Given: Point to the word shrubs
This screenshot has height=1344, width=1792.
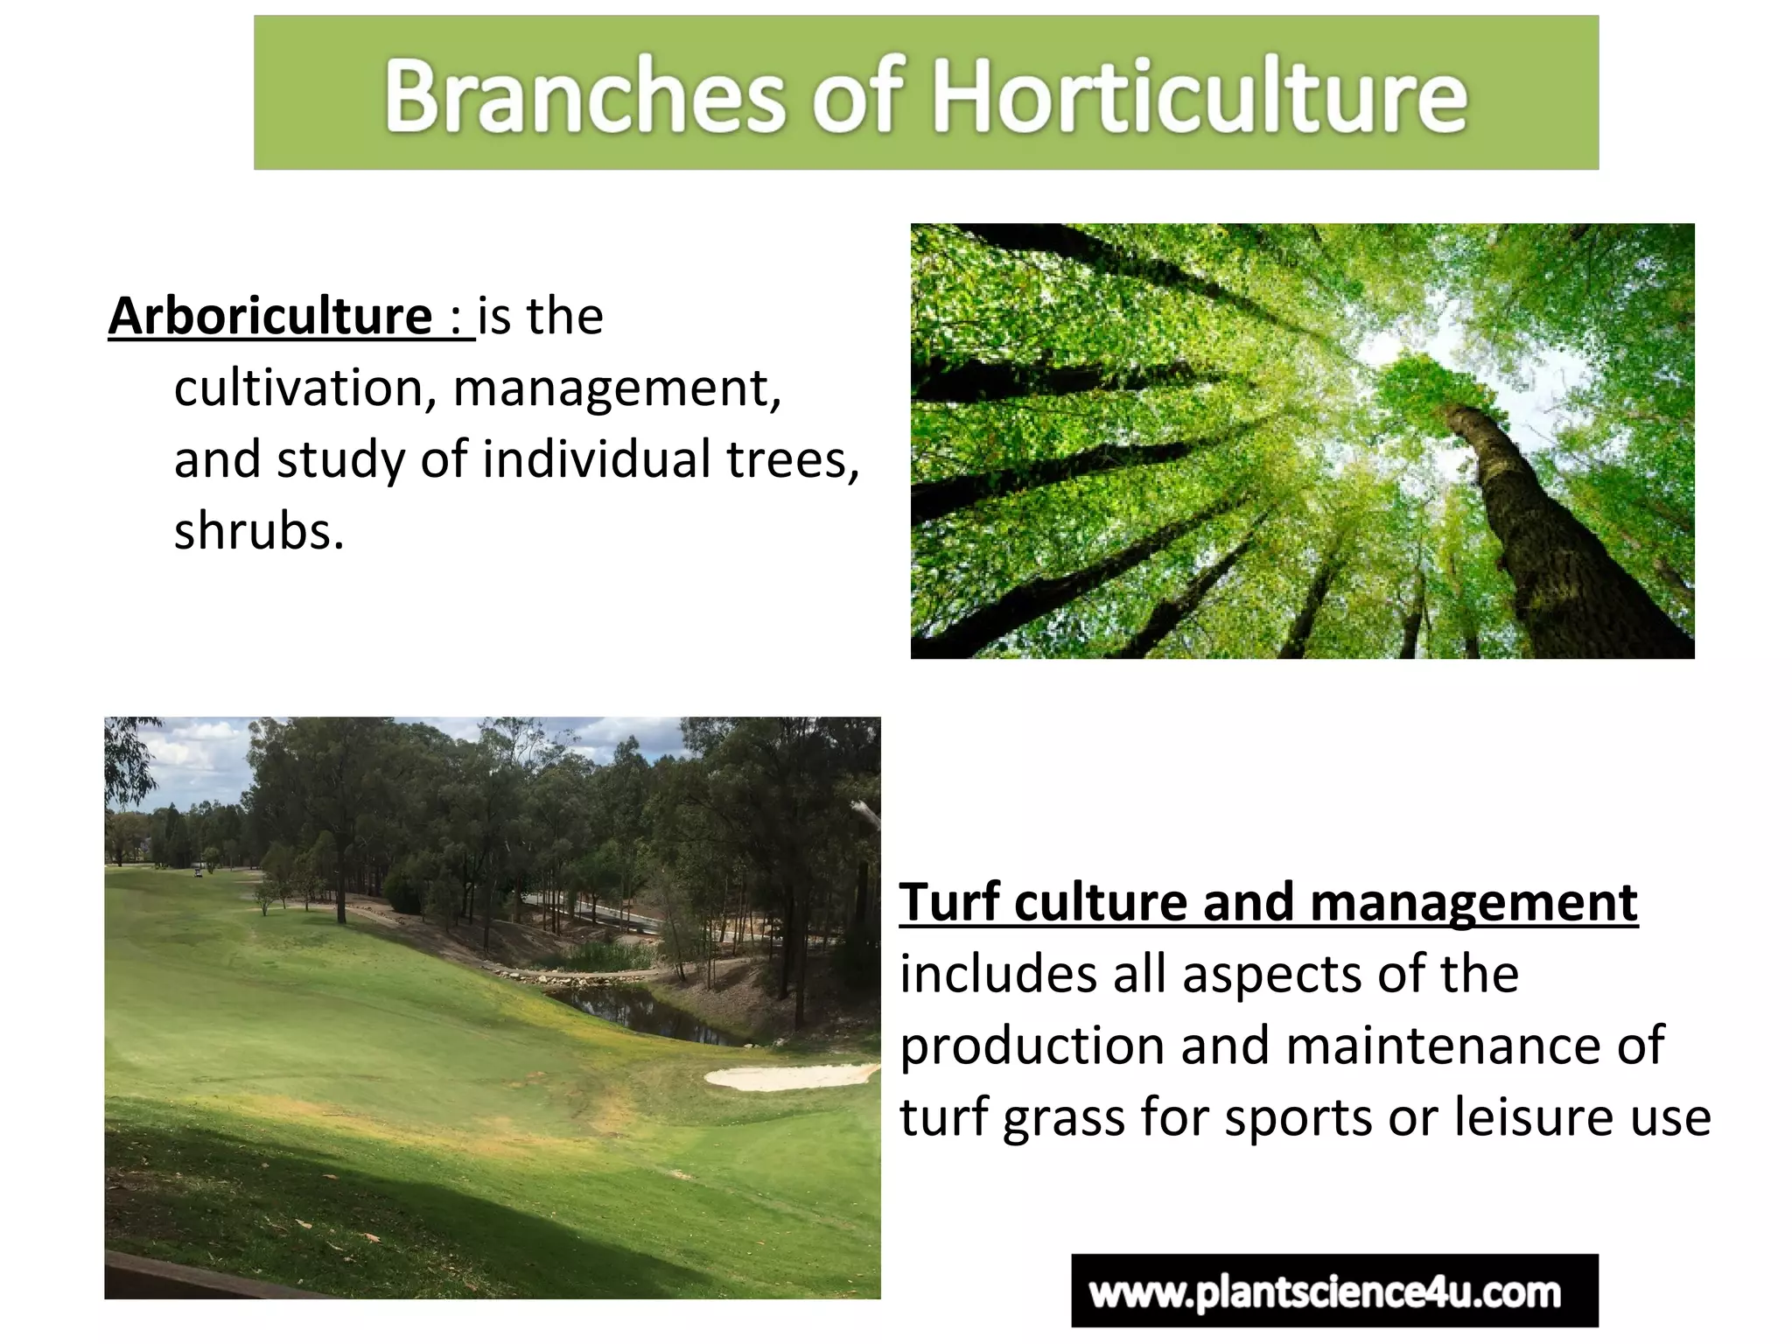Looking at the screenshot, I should click(x=258, y=530).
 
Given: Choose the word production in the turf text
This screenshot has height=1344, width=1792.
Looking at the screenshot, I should click(x=1032, y=1046).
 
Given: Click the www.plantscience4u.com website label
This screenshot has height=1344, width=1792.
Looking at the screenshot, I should click(x=1333, y=1291).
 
